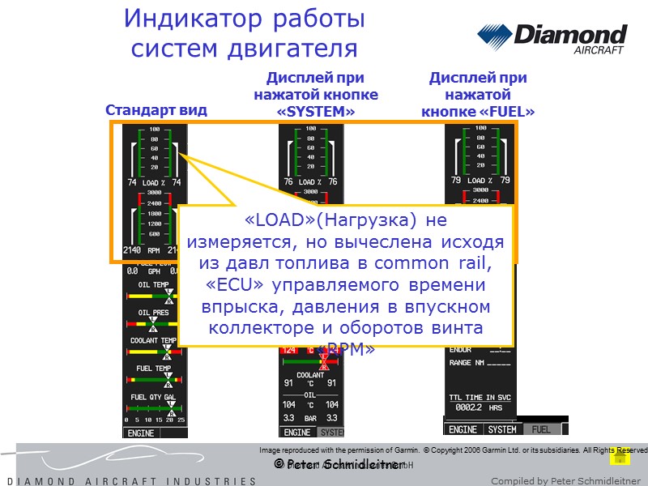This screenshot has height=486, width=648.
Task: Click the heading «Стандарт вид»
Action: pos(156,110)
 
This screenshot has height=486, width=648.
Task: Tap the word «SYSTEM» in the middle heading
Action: pos(316,112)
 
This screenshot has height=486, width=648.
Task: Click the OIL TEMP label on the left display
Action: pos(154,284)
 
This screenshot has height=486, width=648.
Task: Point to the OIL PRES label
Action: pos(154,312)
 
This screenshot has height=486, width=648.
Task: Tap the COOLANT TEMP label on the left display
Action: pos(154,340)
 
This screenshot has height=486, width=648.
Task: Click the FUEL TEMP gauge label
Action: pos(154,369)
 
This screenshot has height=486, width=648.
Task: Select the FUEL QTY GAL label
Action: pos(154,397)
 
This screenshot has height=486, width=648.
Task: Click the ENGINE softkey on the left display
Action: pos(143,432)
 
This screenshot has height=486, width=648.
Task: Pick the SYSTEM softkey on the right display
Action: pos(502,429)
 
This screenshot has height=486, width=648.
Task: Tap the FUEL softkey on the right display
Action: pos(541,429)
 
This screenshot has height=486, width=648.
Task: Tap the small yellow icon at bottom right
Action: pos(620,456)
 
